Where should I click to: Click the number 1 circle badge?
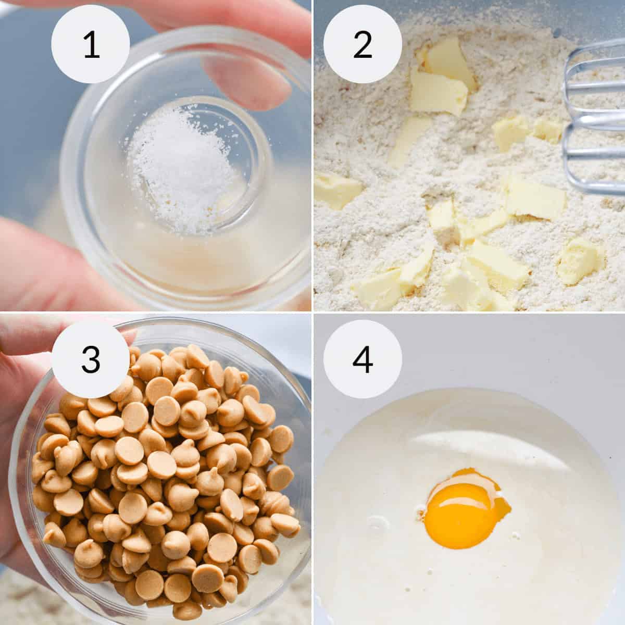(91, 44)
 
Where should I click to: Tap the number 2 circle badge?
(362, 44)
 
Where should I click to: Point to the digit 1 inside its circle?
(91, 45)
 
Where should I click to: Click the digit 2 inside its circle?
(362, 45)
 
